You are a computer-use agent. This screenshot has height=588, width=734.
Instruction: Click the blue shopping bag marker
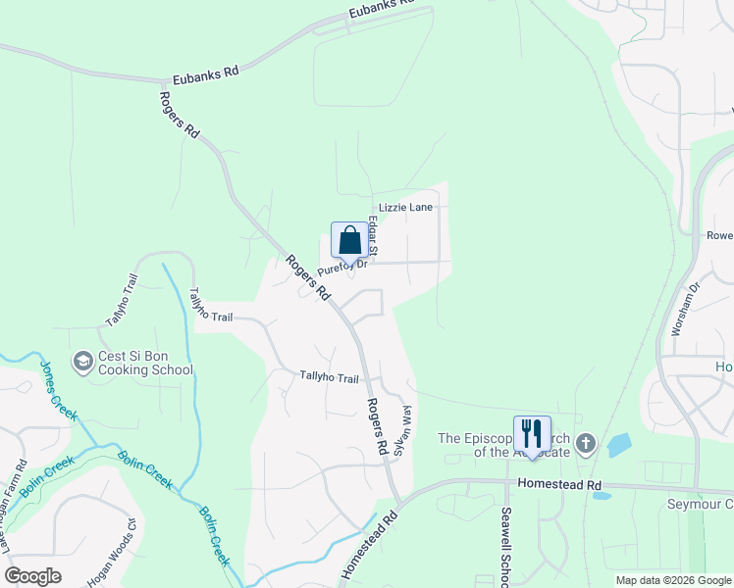click(349, 240)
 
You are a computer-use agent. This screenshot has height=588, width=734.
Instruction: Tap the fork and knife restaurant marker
click(532, 434)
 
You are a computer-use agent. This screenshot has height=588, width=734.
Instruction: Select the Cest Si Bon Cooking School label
click(145, 363)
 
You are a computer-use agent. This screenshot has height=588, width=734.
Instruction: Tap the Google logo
click(33, 576)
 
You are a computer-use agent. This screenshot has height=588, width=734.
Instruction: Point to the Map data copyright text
click(673, 580)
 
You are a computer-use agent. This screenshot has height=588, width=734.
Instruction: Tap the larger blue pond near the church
click(618, 446)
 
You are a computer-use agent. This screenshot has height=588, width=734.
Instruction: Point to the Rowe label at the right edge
click(720, 235)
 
